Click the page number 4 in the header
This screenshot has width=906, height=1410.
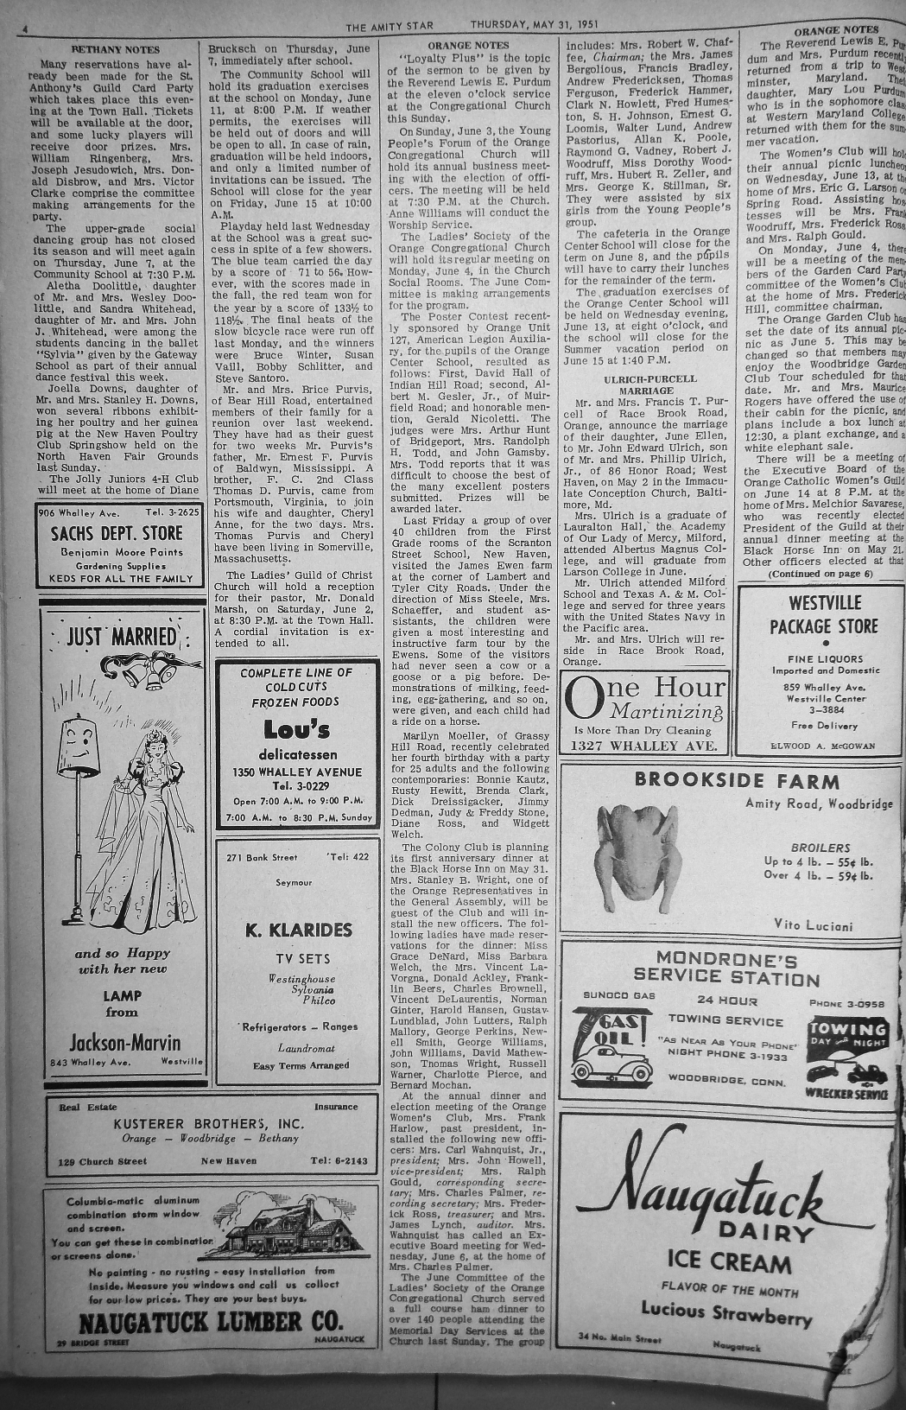pyautogui.click(x=26, y=29)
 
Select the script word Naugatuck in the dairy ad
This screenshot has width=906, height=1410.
pyautogui.click(x=719, y=1191)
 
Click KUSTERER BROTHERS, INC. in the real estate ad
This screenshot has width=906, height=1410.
pyautogui.click(x=209, y=1123)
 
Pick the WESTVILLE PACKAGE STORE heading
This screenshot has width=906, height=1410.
pyautogui.click(x=822, y=614)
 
